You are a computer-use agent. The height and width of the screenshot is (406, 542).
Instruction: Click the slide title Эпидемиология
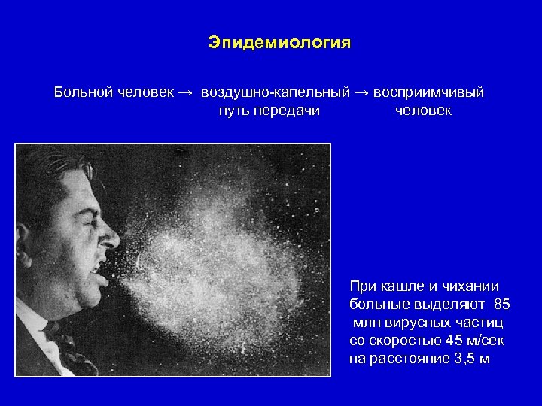coord(279,43)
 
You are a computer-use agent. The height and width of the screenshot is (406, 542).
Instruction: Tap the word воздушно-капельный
coord(275,92)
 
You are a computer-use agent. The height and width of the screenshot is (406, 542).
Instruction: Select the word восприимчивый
coord(428,92)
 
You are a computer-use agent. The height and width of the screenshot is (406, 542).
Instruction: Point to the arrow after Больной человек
coord(184,92)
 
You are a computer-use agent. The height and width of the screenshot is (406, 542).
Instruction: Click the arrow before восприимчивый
coord(362,92)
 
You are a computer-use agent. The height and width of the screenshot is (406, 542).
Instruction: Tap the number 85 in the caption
coord(502,304)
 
